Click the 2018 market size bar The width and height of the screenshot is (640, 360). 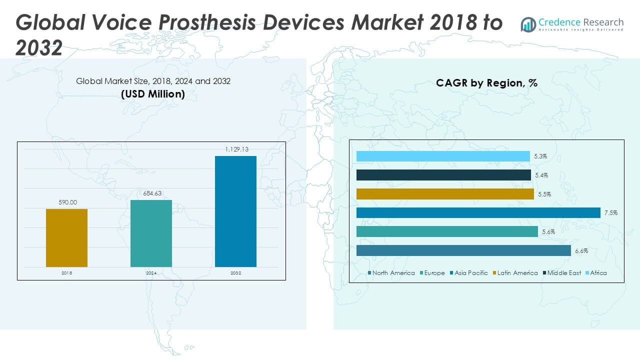tap(66, 238)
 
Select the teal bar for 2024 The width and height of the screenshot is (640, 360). tap(151, 233)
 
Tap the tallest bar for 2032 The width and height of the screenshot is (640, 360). tap(235, 211)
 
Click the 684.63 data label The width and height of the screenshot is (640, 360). tap(151, 193)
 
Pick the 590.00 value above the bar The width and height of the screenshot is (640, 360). tap(66, 202)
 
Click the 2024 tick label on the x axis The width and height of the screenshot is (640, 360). tap(151, 273)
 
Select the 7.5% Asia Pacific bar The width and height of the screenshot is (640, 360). tap(478, 213)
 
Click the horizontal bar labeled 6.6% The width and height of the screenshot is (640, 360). tap(463, 250)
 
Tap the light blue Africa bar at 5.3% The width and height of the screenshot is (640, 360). tap(443, 156)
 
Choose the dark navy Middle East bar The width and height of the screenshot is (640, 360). tap(443, 175)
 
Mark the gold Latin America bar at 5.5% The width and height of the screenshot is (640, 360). tap(445, 194)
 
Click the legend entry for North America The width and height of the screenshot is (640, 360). tap(391, 273)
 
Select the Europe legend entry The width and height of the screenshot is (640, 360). tap(432, 273)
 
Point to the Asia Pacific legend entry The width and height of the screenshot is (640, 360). tap(468, 273)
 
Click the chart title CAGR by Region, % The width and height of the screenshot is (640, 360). tap(486, 83)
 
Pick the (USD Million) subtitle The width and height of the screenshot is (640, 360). tap(153, 93)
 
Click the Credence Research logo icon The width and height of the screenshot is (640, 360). tap(528, 24)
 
